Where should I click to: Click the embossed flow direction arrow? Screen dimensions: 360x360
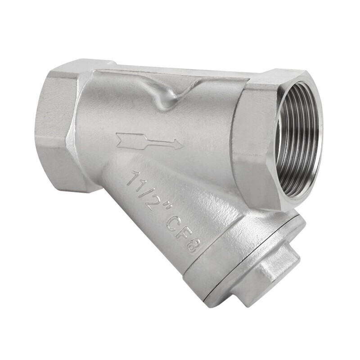[149, 141]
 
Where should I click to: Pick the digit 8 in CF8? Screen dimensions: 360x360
[195, 246]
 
